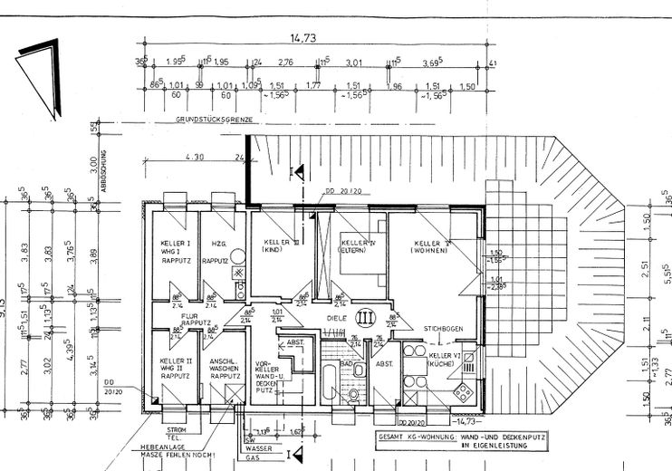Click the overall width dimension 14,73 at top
(x=301, y=38)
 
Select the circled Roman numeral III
(x=367, y=317)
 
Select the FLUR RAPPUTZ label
(x=196, y=318)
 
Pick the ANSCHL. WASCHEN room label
(x=221, y=367)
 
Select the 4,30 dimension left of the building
(x=196, y=157)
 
